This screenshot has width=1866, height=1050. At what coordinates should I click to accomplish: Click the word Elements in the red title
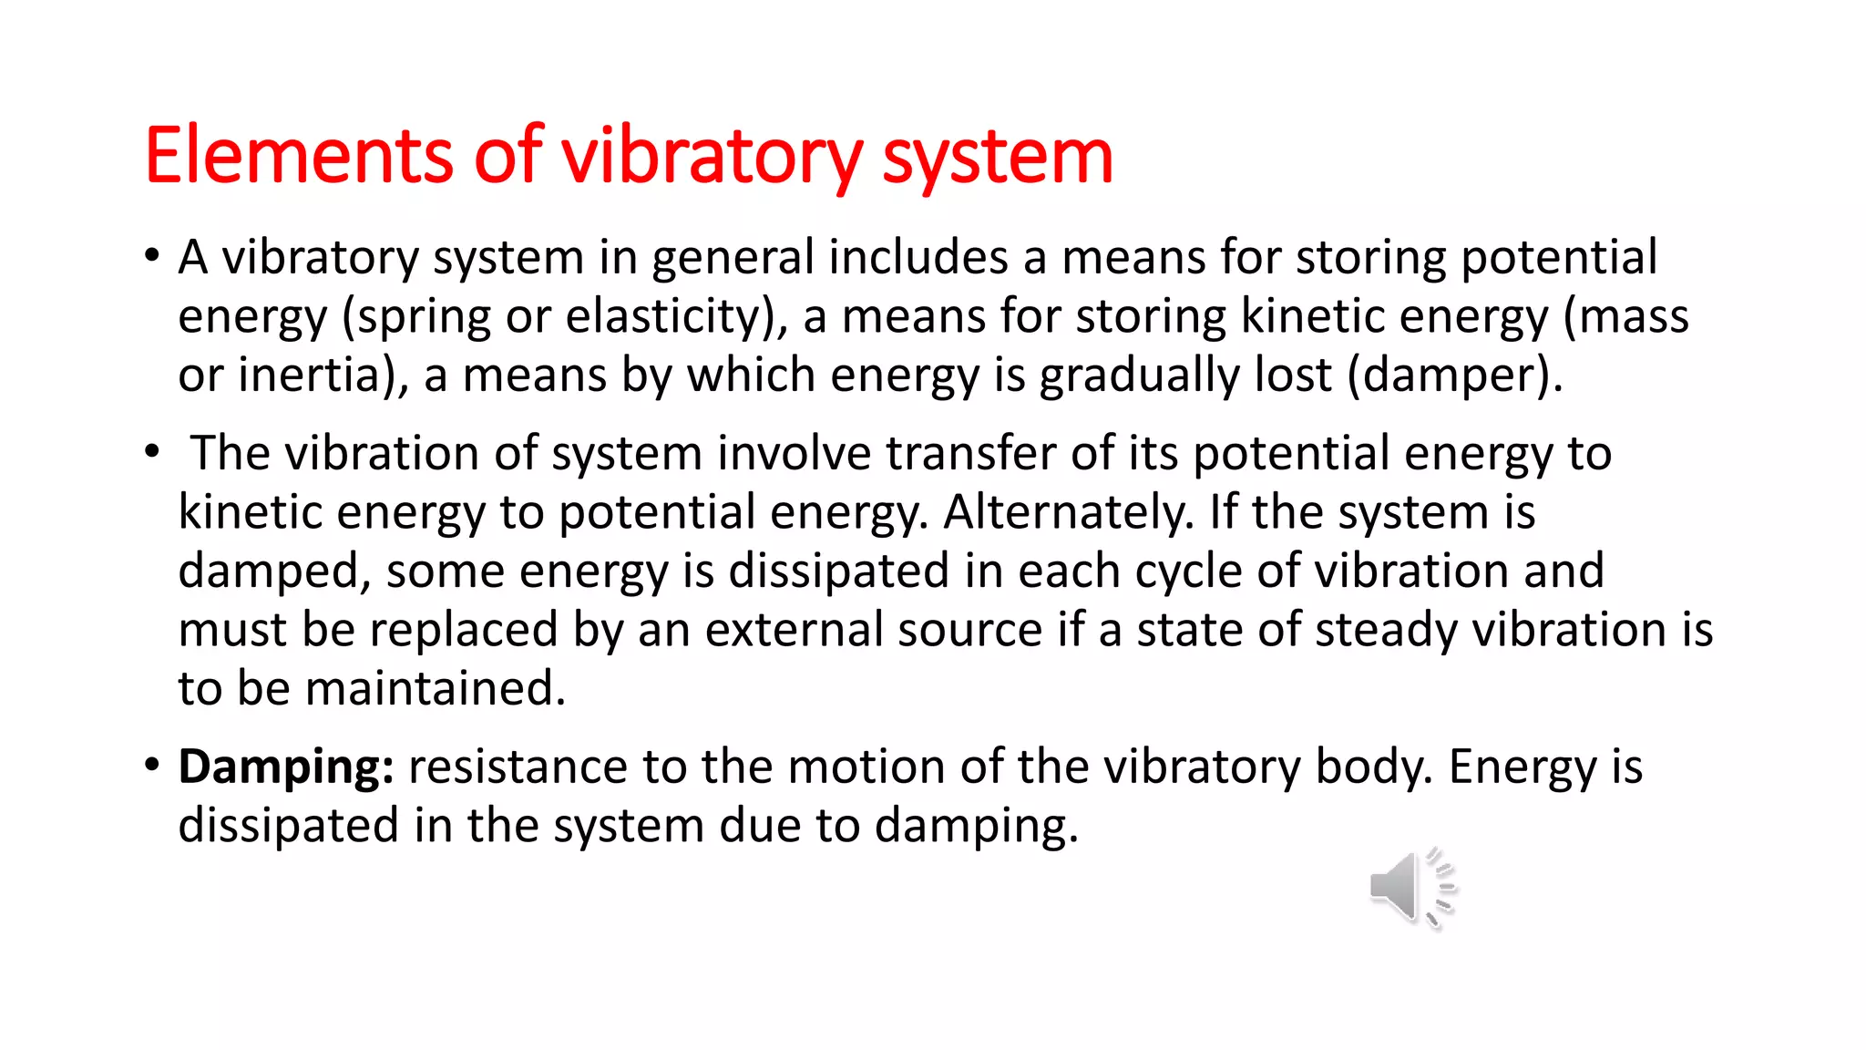coord(297,156)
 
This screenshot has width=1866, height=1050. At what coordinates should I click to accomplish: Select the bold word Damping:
coord(285,767)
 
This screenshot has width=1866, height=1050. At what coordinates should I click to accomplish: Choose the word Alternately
coord(1066,512)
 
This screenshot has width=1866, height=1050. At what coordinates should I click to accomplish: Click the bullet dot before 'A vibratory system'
coord(152,254)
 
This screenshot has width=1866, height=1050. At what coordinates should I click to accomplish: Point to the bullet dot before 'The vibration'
coord(152,450)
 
